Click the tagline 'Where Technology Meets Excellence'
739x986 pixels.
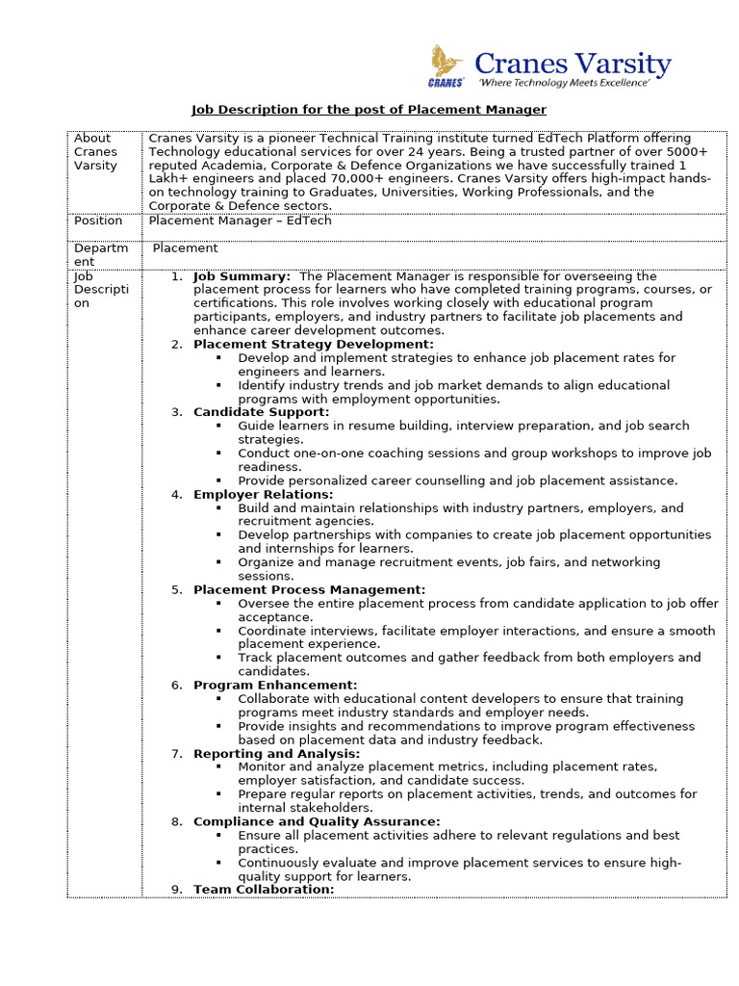[564, 85]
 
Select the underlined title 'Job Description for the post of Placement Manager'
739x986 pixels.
[369, 110]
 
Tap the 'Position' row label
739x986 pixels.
[98, 221]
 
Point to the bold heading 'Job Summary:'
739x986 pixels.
[242, 276]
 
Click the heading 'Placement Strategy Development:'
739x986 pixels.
[314, 344]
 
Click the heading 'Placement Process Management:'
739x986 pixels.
[310, 589]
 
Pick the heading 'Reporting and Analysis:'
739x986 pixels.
[277, 753]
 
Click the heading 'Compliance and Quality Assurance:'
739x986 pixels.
[317, 821]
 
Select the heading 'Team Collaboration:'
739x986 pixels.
[264, 890]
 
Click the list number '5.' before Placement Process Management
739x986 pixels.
[177, 589]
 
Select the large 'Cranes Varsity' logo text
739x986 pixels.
[573, 64]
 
